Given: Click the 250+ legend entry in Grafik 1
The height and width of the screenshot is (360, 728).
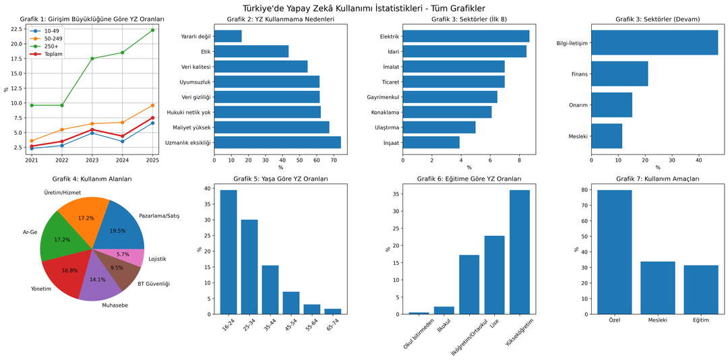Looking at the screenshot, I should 51,46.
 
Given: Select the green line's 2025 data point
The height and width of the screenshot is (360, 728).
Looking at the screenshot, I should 153,30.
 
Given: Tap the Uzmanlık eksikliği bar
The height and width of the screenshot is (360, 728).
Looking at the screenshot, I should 277,142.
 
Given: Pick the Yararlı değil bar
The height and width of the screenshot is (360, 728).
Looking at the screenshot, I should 228,36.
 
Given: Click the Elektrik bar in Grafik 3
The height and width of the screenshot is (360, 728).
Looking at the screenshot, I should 466,36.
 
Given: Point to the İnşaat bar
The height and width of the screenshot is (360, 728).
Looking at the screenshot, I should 431,142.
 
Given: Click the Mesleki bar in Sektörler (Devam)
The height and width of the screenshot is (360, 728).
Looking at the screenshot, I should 607,136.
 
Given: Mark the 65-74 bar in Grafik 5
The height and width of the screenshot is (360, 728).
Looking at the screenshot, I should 333,311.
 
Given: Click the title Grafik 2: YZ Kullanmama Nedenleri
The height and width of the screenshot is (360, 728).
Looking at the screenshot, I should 280,19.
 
